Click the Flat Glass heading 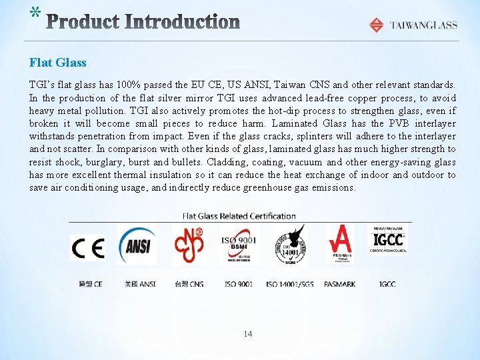(x=58, y=63)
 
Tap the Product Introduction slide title (x=144, y=23)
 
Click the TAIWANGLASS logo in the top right (x=413, y=25)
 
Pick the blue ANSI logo (x=137, y=245)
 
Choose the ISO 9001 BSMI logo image (x=238, y=245)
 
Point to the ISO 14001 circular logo (x=289, y=245)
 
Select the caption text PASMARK (x=339, y=284)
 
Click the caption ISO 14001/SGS (x=289, y=284)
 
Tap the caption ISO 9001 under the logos (x=239, y=284)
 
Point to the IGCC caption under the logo (x=387, y=284)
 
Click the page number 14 (x=248, y=333)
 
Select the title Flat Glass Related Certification (x=239, y=216)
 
